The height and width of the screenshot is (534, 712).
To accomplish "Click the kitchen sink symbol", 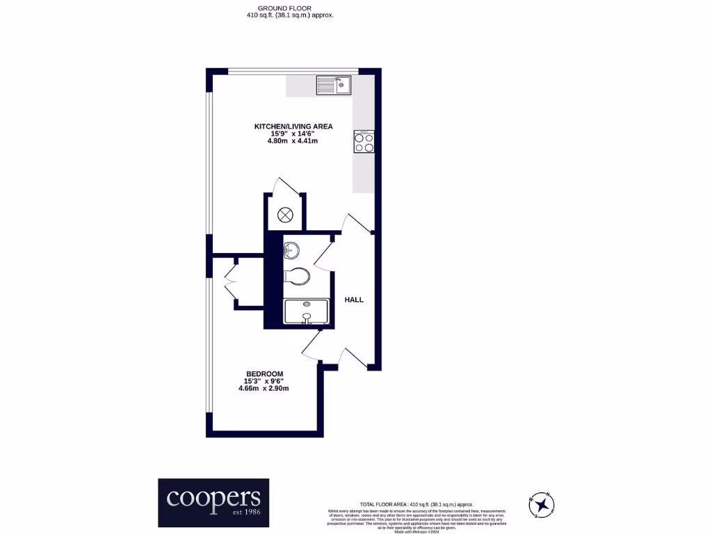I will click(x=334, y=85).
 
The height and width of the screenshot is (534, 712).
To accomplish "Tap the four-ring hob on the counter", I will click(x=364, y=141).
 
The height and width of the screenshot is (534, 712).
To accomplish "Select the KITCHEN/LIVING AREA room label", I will click(x=293, y=126).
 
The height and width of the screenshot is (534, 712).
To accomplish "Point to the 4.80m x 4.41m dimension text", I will click(x=293, y=141).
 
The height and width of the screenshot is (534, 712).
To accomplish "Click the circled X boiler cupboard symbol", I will click(x=286, y=216).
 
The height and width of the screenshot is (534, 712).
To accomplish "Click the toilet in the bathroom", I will click(x=296, y=276).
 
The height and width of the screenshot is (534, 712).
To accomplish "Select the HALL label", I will click(x=354, y=300).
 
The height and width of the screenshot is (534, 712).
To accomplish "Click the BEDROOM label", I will click(x=264, y=374).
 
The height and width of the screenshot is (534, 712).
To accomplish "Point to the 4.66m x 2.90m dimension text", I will click(x=264, y=389).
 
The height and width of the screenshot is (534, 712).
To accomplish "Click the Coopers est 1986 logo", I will click(x=213, y=502).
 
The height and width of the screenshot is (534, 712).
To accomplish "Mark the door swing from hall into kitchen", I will click(x=356, y=224).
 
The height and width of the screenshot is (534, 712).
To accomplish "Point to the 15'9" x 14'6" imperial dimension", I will click(x=293, y=133).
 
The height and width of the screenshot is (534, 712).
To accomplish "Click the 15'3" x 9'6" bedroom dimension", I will click(x=264, y=381).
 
